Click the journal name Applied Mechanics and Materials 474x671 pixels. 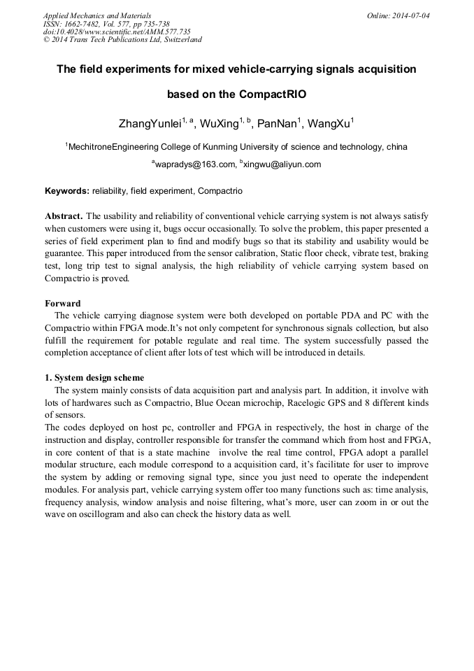pos(96,15)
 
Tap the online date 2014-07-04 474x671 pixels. pos(409,15)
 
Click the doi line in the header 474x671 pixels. pos(117,31)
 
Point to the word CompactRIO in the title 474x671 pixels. pos(273,94)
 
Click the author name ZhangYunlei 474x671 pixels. pos(150,125)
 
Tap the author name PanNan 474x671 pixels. pos(278,125)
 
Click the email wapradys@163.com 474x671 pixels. pos(195,164)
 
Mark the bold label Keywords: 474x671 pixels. pos(67,190)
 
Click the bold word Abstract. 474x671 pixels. pos(64,216)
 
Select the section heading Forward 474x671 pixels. pos(63,304)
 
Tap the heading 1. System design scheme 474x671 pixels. pos(94,378)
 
